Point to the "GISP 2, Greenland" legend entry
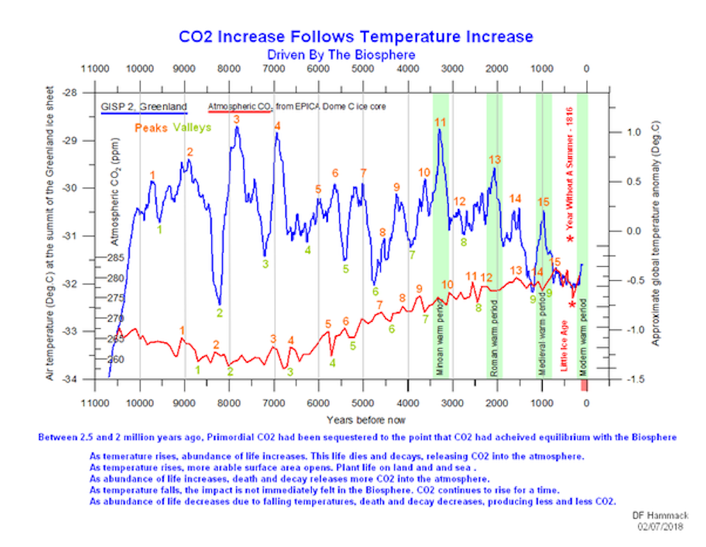[143, 107]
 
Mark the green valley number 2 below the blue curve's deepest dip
[220, 312]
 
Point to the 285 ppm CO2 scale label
[116, 258]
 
